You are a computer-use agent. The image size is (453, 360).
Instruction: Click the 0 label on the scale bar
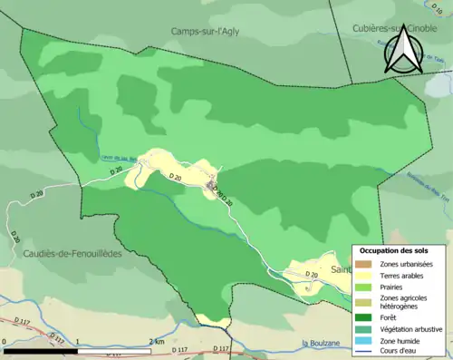[x=5, y=342]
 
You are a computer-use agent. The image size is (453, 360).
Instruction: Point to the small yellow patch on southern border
[x=214, y=319]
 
